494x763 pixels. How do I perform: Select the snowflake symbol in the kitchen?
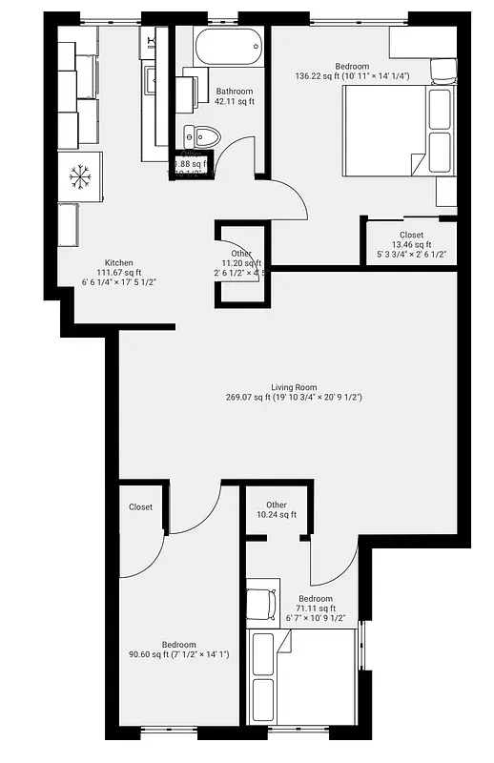pyautogui.click(x=78, y=176)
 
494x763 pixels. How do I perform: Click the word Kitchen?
pyautogui.click(x=118, y=263)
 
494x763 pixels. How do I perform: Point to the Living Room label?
pyautogui.click(x=294, y=386)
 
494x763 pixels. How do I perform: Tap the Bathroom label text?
pyautogui.click(x=235, y=91)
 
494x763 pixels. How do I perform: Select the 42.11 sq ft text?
pyautogui.click(x=235, y=101)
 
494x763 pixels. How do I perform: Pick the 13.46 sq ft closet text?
pyautogui.click(x=411, y=245)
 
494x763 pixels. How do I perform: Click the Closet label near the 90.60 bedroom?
pyautogui.click(x=140, y=507)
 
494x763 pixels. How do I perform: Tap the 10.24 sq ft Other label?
pyautogui.click(x=277, y=515)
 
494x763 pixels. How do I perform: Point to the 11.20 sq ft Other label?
pyautogui.click(x=240, y=263)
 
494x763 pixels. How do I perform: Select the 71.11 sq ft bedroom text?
pyautogui.click(x=315, y=608)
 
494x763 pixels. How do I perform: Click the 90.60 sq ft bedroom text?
pyautogui.click(x=178, y=654)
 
